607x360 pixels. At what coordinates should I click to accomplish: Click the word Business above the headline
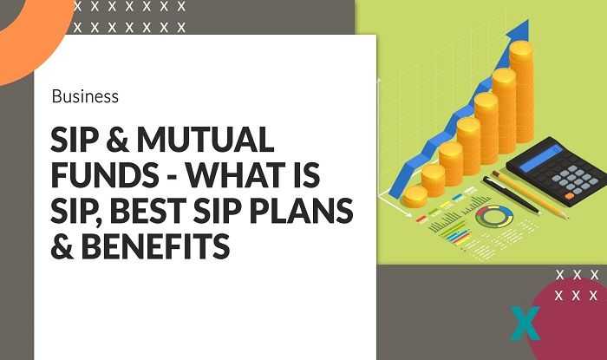point(85,96)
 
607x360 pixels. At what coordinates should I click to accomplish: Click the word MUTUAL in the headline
point(209,141)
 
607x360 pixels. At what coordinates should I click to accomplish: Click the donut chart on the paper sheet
point(493,218)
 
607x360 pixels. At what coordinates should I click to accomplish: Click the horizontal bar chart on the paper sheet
point(451,229)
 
